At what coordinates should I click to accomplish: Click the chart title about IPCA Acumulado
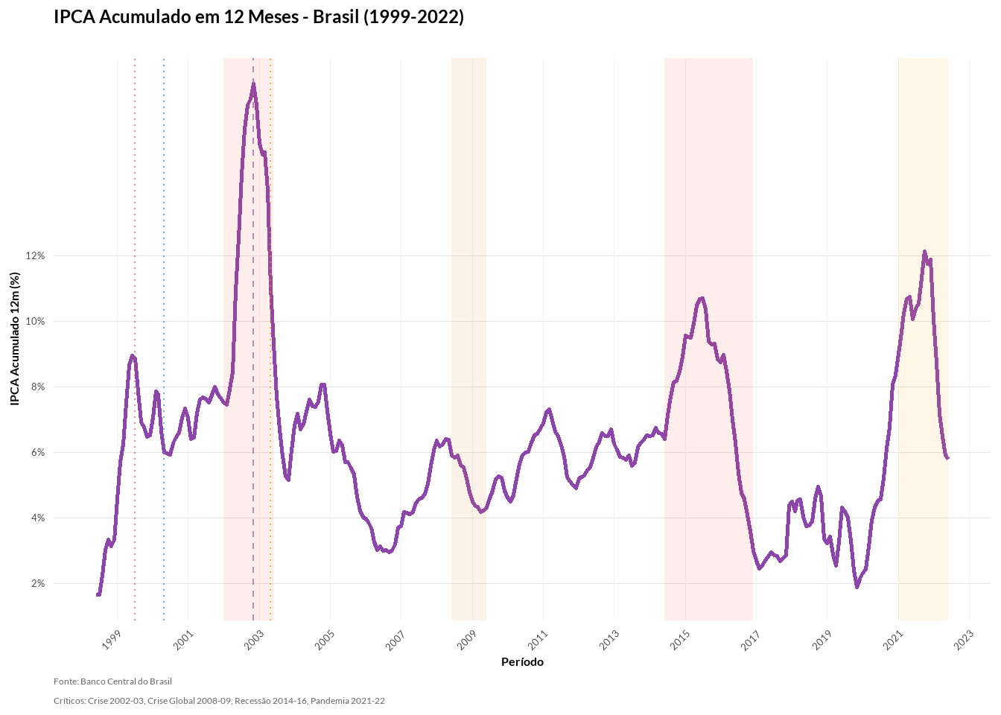[258, 17]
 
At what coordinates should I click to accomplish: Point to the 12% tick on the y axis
[36, 255]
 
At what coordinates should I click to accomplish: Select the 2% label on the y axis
[38, 583]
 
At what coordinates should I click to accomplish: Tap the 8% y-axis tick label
[38, 387]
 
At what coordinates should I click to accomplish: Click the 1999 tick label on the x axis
[111, 640]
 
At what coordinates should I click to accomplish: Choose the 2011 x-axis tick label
[538, 640]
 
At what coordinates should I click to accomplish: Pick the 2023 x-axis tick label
[964, 640]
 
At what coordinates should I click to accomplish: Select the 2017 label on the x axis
[751, 640]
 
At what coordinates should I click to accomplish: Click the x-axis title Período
[522, 662]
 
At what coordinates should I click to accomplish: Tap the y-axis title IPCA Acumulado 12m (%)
[15, 339]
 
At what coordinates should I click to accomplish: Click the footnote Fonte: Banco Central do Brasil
[112, 681]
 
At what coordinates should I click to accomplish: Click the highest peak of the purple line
[253, 84]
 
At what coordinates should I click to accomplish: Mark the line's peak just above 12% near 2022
[924, 252]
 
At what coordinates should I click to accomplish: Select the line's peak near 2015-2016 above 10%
[700, 298]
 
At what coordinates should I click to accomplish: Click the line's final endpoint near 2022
[947, 458]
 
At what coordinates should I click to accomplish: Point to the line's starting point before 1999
[98, 594]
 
